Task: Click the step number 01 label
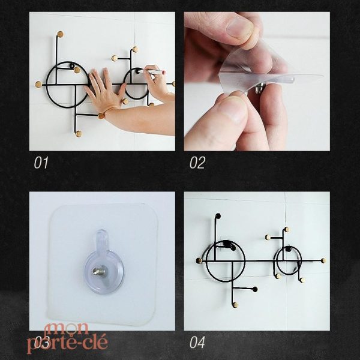point(41,163)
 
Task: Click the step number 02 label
point(197,163)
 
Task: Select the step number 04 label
point(197,343)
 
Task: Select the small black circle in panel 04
point(287,261)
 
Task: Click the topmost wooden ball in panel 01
point(59,34)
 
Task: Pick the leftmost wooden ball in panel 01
point(38,85)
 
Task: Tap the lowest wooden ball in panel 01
point(78,134)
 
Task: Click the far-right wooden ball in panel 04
point(323,261)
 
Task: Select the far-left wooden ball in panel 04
point(199,260)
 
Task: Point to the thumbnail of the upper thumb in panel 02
point(239,27)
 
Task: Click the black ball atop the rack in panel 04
point(217,216)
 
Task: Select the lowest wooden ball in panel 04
point(235,305)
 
